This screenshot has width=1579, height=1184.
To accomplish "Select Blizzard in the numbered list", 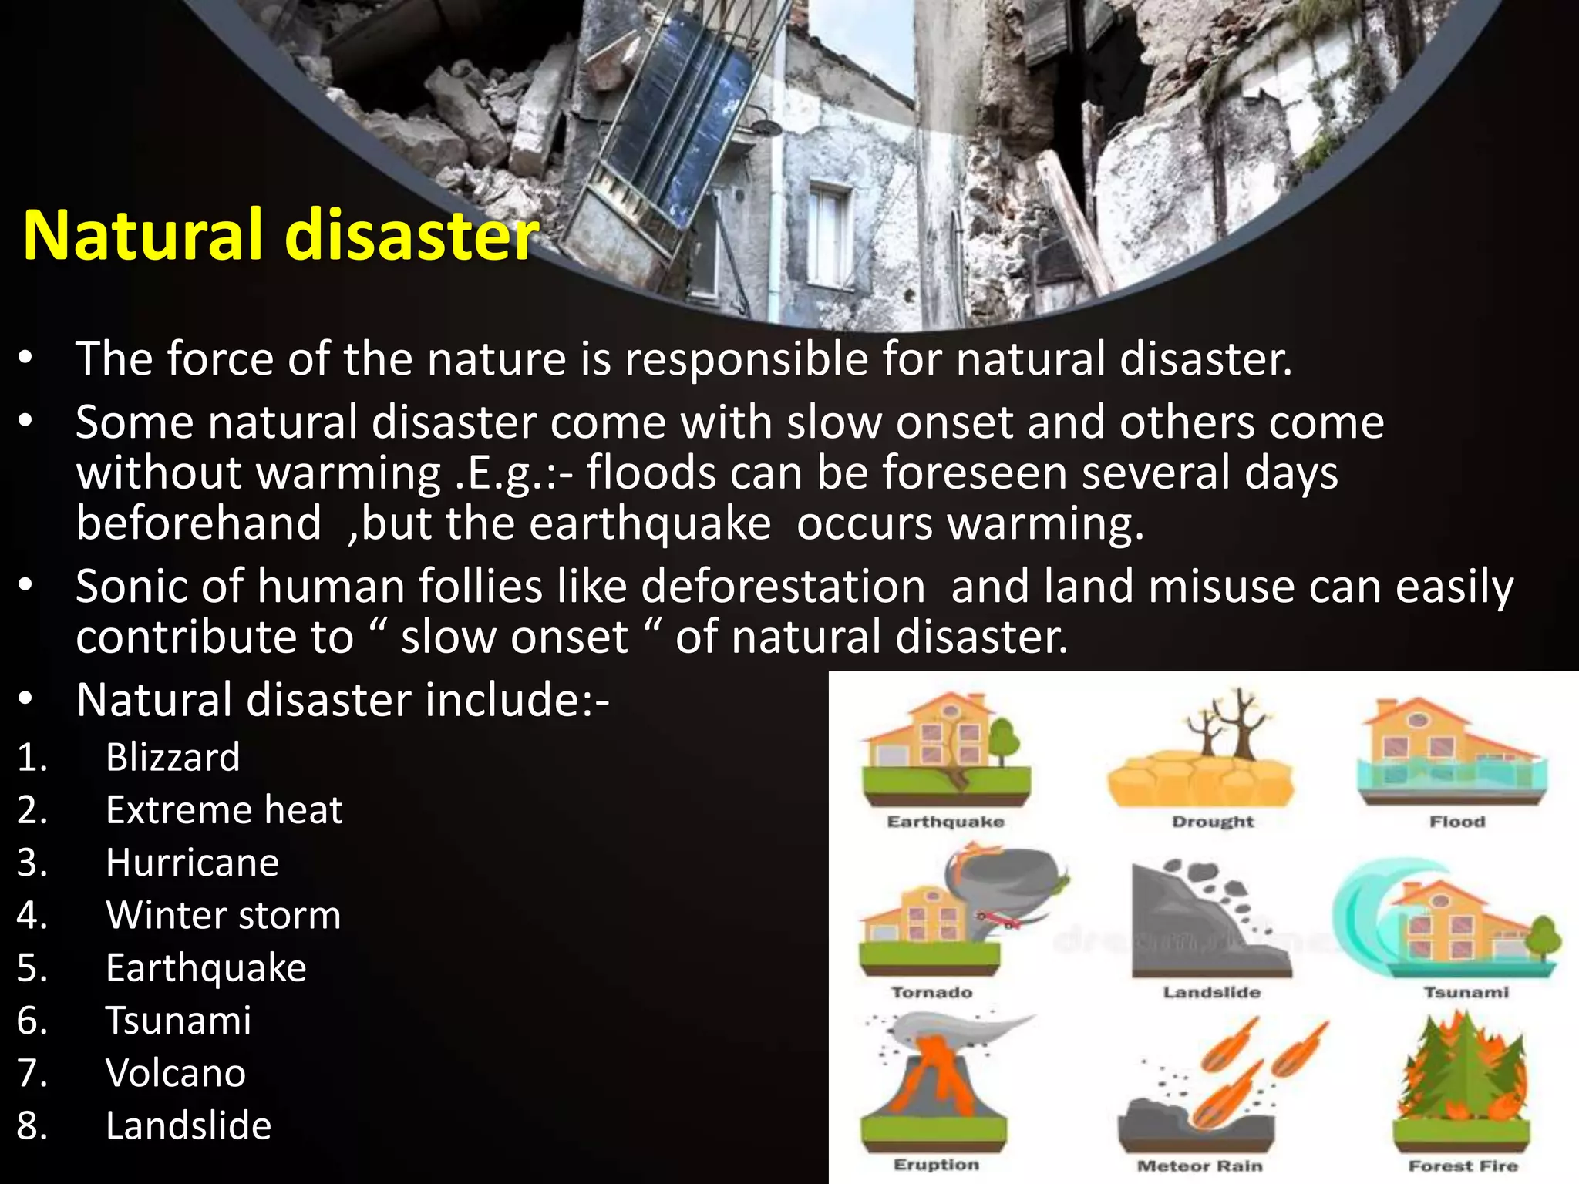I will pos(173,757).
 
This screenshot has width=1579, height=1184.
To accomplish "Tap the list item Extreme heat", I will pos(224,810).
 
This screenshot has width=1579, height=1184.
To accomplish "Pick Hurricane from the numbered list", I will pos(192,863).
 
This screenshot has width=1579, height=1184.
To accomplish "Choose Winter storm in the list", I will pos(223,916).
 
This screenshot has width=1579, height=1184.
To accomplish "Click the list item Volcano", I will pos(176,1073).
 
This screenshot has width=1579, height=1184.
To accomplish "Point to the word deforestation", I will pos(783,587).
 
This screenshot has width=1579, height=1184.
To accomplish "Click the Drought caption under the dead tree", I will pos(1213,822).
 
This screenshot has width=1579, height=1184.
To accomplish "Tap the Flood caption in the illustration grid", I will pos(1457,822).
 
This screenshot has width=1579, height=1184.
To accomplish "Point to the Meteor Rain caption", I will pos(1200,1166).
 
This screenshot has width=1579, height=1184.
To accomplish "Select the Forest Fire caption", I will pos(1463,1166).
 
